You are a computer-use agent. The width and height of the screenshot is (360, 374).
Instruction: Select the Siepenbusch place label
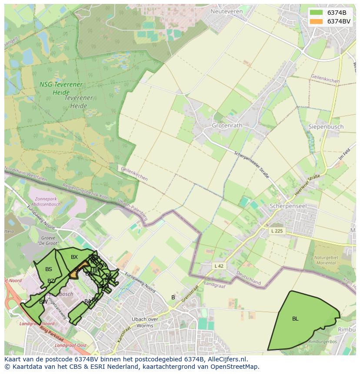(326, 127)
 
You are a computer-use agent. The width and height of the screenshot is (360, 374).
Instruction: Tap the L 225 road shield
(276, 231)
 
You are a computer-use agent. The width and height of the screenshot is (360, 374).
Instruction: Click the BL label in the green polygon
(295, 318)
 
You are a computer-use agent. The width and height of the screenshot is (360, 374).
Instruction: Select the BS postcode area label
(49, 269)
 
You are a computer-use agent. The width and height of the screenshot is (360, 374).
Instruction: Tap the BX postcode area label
(74, 257)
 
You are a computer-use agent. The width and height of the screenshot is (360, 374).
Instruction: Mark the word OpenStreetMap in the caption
(237, 367)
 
